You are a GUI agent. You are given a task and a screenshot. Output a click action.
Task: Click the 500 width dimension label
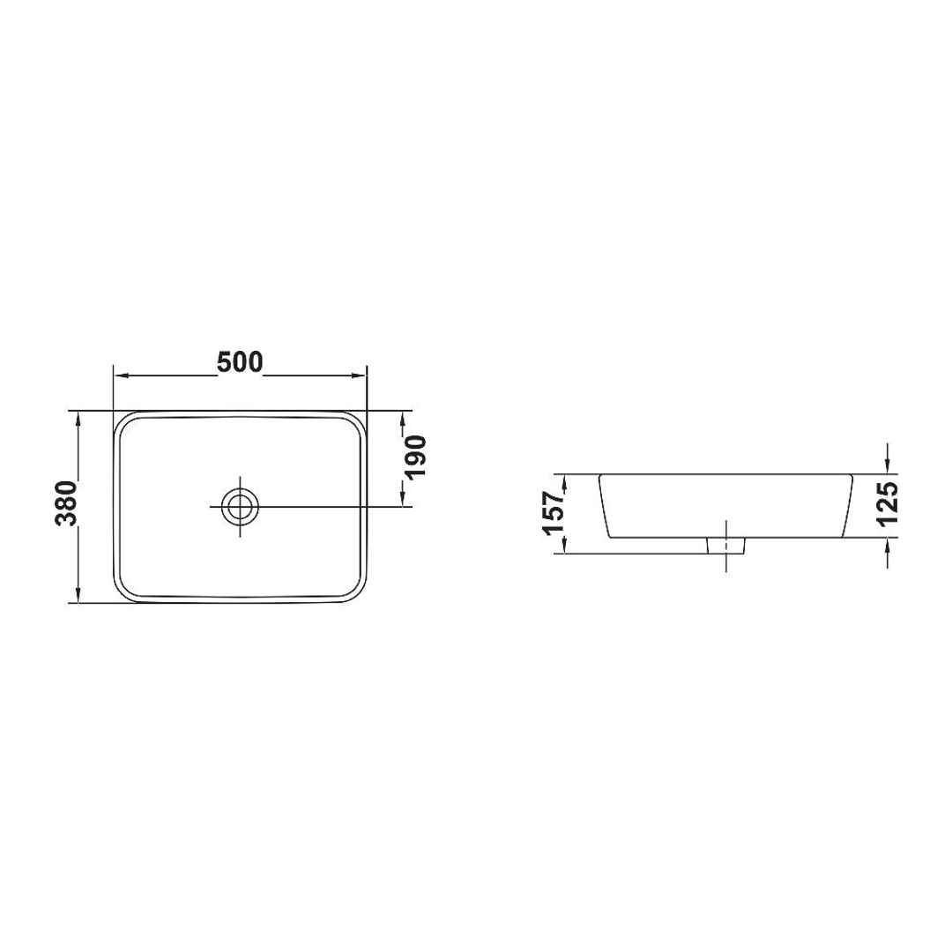point(241,362)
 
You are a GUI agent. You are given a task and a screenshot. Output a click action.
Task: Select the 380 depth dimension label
point(66,503)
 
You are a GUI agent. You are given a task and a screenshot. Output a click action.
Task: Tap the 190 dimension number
point(416,457)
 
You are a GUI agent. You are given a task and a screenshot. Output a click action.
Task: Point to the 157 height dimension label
point(554,513)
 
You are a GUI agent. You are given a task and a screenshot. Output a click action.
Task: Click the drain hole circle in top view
point(241,506)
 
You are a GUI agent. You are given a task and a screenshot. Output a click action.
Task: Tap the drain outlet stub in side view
point(726,546)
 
